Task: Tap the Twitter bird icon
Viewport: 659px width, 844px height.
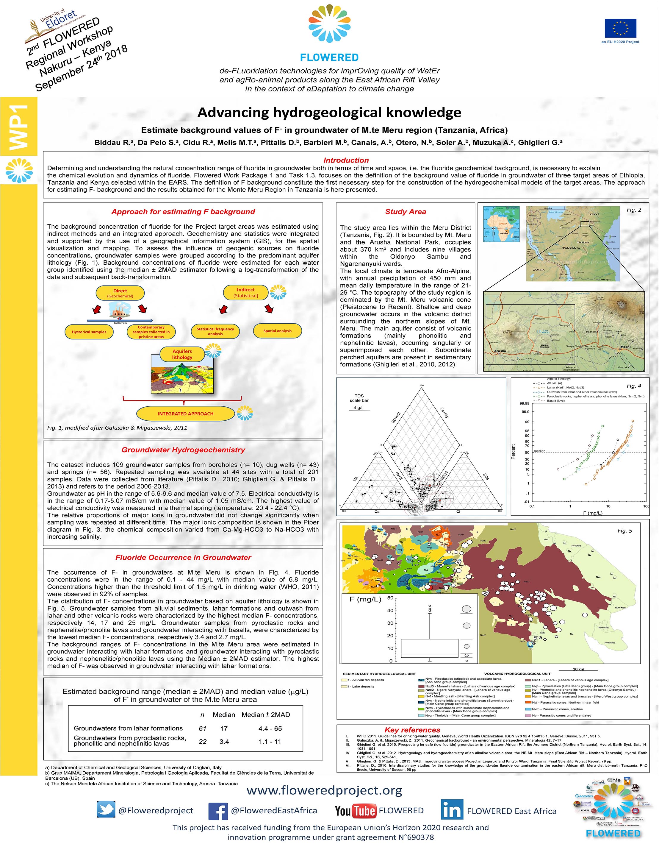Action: (106, 810)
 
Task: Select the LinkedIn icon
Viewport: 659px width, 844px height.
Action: (451, 809)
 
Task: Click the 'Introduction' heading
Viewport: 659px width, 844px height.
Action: (346, 160)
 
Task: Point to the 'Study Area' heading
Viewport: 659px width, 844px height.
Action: (405, 211)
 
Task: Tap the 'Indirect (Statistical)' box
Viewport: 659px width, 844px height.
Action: (246, 293)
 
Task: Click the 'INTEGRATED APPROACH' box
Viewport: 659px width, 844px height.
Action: (185, 414)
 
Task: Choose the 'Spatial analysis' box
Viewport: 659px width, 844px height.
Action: (277, 331)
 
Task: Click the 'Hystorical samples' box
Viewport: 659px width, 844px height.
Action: (89, 332)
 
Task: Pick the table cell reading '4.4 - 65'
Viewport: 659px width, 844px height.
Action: (270, 728)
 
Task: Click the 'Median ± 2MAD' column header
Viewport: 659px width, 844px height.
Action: (265, 714)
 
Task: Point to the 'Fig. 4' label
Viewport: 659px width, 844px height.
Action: (633, 386)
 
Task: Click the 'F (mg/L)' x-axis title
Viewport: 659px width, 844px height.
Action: (593, 513)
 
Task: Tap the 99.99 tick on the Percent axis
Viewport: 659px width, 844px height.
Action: (524, 403)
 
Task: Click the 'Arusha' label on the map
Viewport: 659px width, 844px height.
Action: (500, 351)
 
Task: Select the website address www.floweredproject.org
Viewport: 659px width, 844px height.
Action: (325, 791)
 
